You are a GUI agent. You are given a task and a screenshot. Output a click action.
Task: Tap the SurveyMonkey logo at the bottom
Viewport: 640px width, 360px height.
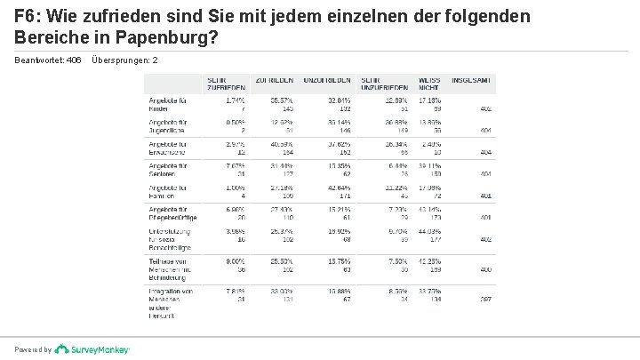click(x=92, y=349)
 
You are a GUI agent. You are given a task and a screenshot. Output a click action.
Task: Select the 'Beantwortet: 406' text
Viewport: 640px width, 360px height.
click(x=48, y=60)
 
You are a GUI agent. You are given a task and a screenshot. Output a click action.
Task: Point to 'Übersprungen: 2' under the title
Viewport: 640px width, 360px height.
click(x=124, y=60)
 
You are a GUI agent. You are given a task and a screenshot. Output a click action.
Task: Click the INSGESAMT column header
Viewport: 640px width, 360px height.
click(x=476, y=79)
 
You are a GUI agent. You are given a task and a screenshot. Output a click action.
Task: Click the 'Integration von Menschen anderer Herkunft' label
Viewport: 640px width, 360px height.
click(x=172, y=299)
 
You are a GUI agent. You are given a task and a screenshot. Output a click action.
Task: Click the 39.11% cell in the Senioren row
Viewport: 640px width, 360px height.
click(x=429, y=165)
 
